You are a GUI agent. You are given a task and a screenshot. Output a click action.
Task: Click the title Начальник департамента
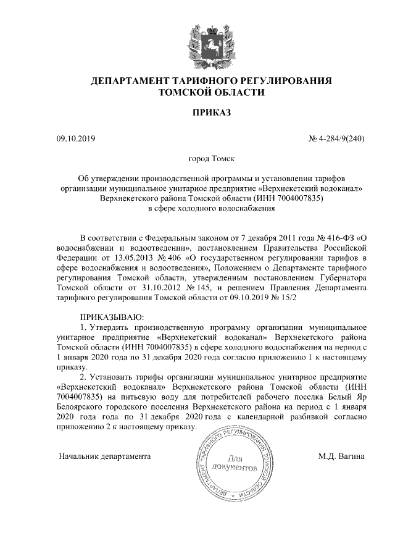[x=105, y=457]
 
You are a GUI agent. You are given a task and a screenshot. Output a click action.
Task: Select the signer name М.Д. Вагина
[x=341, y=457]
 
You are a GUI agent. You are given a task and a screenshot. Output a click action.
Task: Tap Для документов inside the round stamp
[x=233, y=464]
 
